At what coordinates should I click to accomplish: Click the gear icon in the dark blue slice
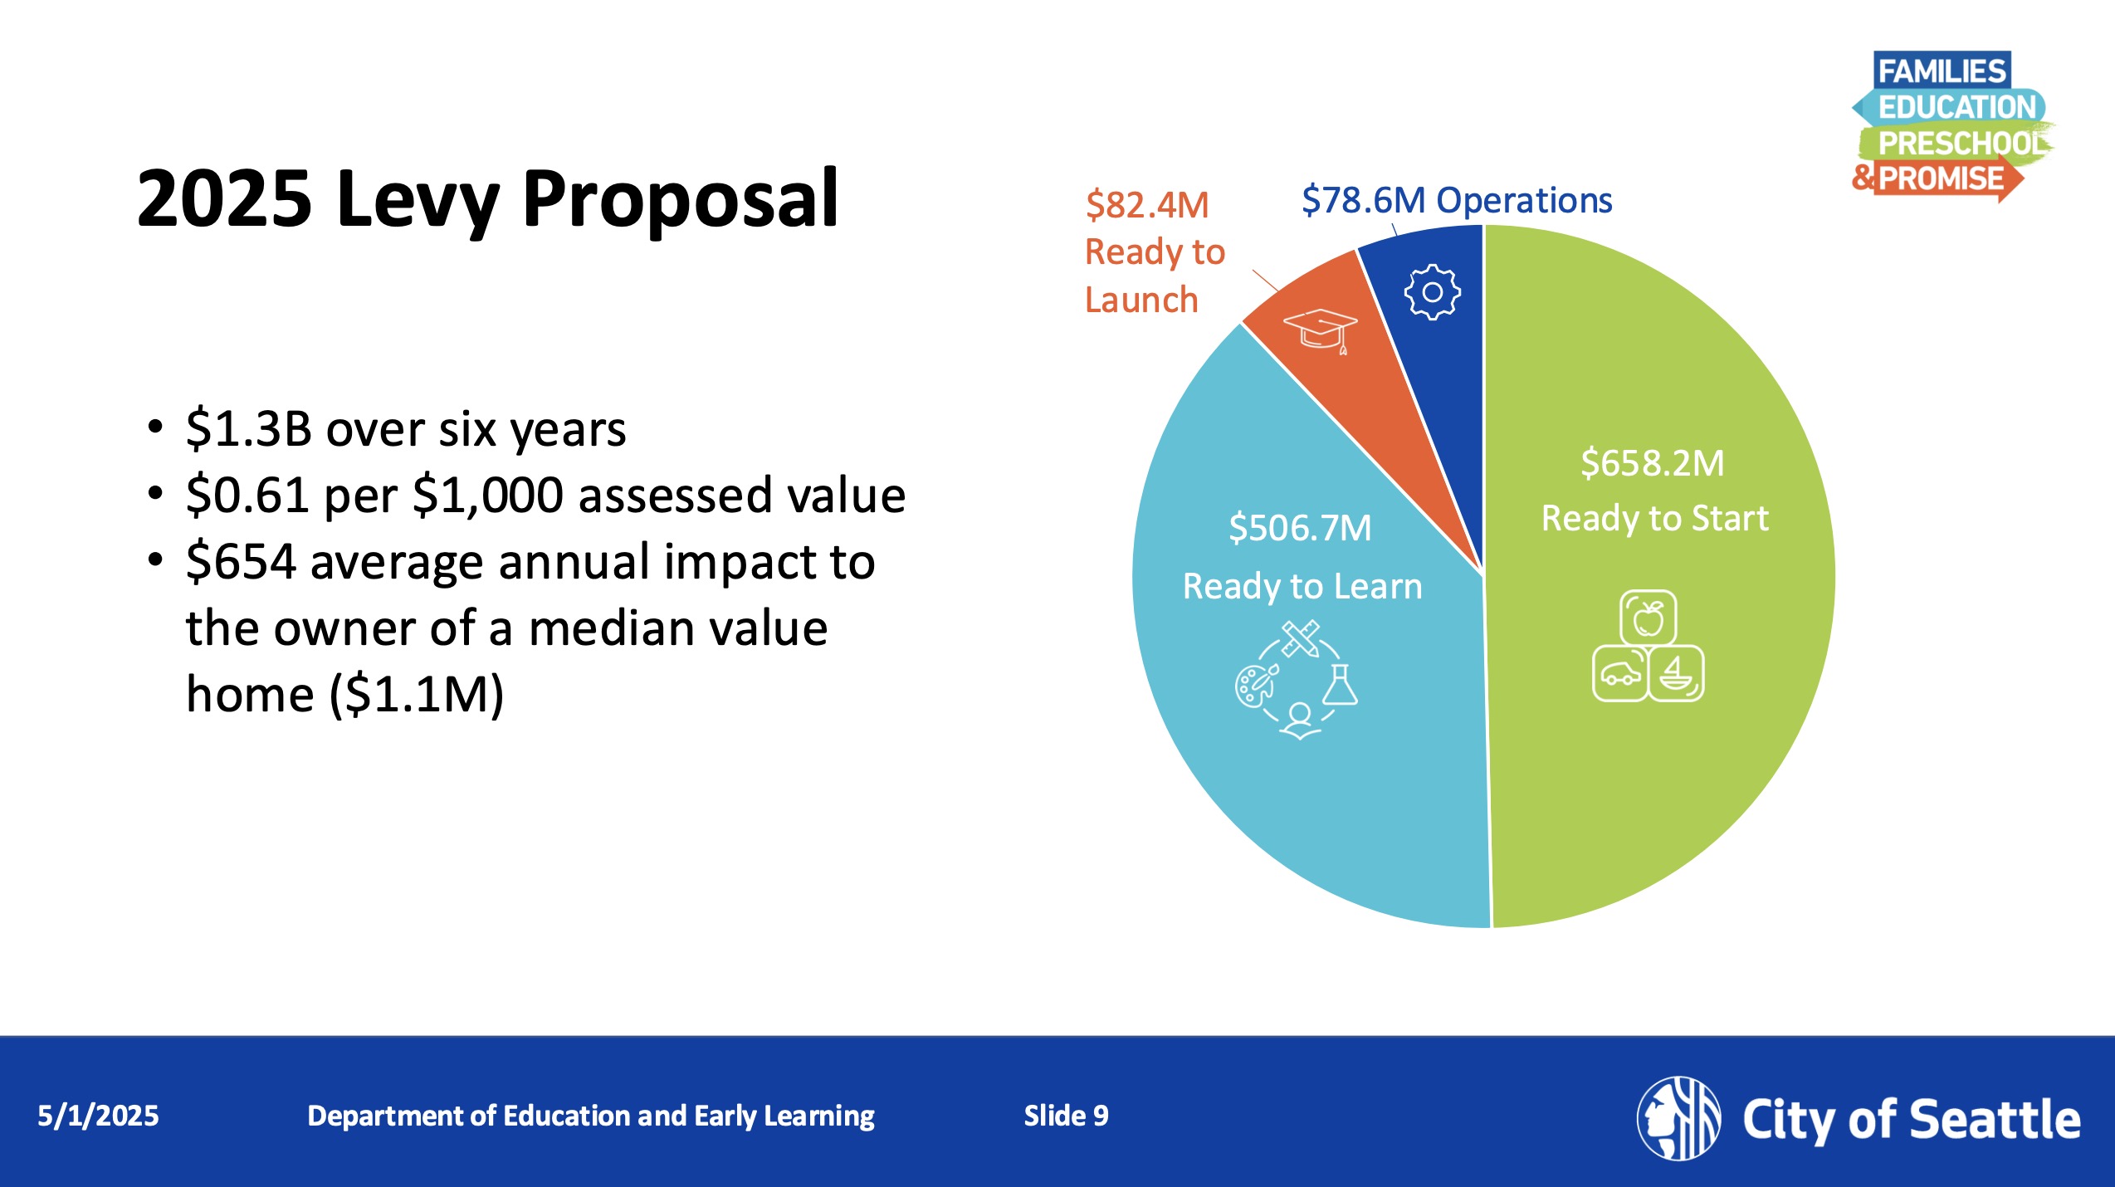coord(1432,292)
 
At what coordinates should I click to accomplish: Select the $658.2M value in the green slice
coord(1653,463)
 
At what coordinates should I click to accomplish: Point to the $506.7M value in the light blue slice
coord(1300,528)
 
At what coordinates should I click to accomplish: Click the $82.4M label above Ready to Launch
coord(1147,205)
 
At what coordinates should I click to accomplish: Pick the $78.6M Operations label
coord(1457,200)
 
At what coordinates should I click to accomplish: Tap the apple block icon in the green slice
coord(1649,618)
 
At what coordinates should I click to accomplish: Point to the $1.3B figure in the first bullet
coord(249,429)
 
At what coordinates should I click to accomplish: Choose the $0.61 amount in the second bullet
coord(247,496)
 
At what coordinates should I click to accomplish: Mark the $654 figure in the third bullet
coord(241,562)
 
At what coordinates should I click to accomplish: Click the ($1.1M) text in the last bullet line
coord(417,695)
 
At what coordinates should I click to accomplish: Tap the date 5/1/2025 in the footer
coord(98,1116)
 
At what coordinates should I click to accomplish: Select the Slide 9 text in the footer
coord(1066,1116)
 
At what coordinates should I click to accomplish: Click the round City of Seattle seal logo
coord(1678,1118)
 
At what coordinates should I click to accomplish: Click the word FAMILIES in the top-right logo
coord(1942,71)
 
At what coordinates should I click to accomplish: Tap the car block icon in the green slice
coord(1620,673)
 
